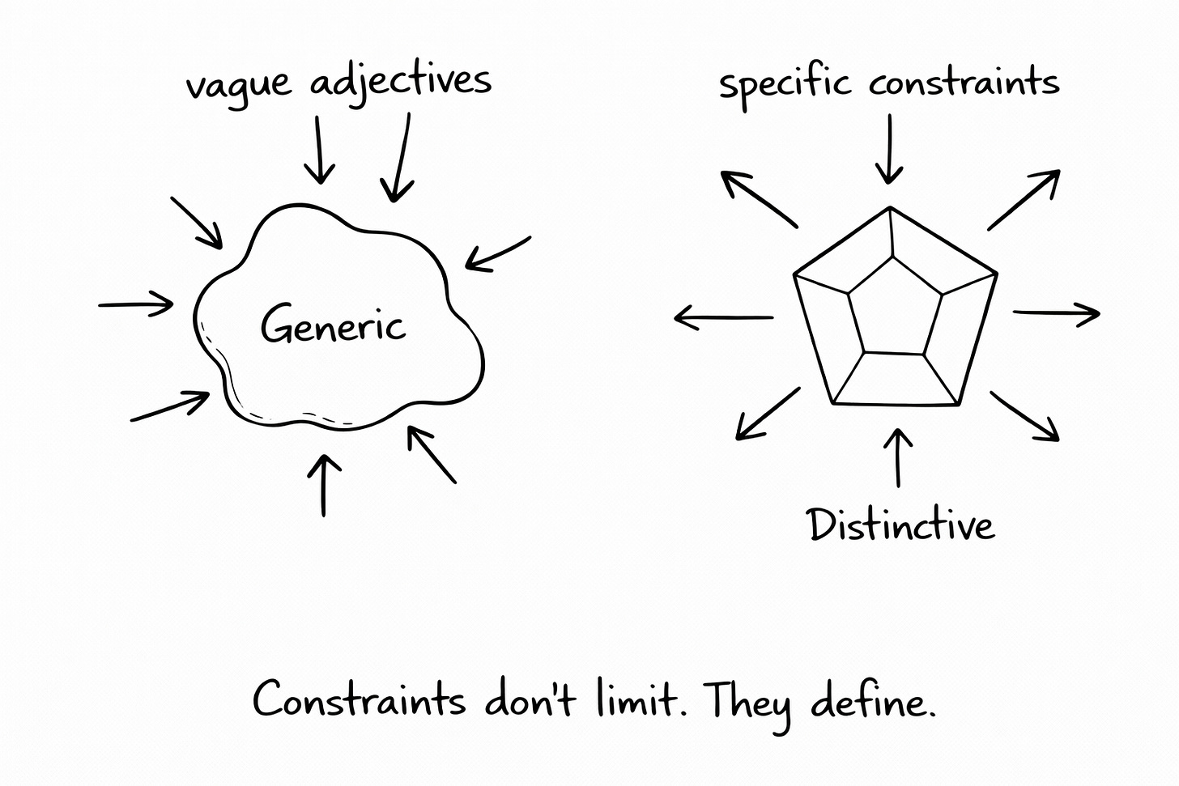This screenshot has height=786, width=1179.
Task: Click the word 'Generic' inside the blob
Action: tap(333, 325)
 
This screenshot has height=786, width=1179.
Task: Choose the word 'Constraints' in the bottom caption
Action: tap(359, 699)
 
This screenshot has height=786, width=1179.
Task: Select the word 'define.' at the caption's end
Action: tap(872, 700)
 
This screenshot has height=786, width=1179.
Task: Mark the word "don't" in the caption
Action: tap(530, 699)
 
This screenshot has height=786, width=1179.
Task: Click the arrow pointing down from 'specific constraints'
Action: tap(889, 149)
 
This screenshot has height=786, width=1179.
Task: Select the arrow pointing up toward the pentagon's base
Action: tap(897, 457)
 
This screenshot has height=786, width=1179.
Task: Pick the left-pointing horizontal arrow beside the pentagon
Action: tap(723, 318)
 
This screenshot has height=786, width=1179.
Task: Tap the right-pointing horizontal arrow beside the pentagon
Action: tap(1056, 312)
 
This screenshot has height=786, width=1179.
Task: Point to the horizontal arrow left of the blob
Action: tap(136, 305)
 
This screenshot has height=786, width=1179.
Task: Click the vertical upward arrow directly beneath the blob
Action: tap(324, 485)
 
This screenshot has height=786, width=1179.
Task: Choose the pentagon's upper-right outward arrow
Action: tap(1024, 200)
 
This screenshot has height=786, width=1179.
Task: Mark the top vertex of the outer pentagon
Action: tap(891, 208)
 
